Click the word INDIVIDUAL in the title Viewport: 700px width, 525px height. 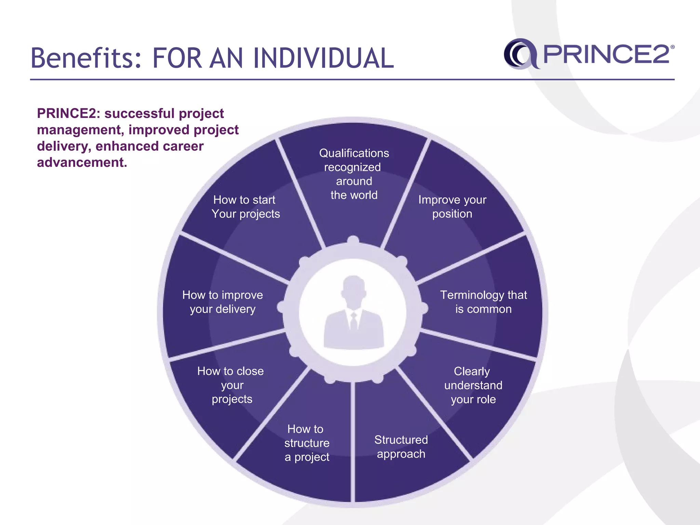tap(323, 58)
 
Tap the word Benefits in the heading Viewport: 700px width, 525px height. tap(86, 58)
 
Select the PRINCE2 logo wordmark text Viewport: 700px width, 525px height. tap(606, 54)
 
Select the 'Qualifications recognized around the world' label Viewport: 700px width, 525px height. tap(354, 174)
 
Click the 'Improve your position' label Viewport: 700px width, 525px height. tap(452, 207)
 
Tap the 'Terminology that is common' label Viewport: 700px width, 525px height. tap(483, 302)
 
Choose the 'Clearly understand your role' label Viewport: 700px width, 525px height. tap(473, 385)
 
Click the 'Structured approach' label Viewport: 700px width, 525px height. tap(401, 447)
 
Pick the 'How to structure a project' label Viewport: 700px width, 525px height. tap(307, 443)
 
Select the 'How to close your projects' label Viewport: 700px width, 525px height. tap(231, 385)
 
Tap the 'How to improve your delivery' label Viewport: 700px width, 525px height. tap(223, 302)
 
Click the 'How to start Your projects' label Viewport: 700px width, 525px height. tap(245, 207)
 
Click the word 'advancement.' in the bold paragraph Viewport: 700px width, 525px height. tap(82, 162)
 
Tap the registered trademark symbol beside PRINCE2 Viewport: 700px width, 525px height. tap(672, 48)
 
